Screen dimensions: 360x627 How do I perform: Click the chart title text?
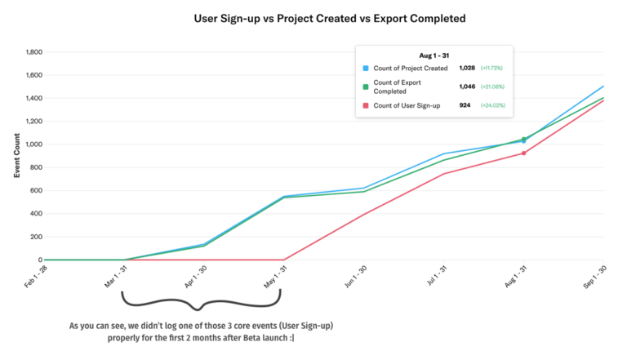[313, 17]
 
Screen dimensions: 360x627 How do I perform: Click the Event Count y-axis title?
[17, 156]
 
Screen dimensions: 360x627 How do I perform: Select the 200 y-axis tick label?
[35, 237]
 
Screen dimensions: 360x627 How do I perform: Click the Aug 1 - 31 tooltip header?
[434, 56]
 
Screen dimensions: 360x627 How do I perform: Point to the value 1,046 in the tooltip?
[468, 87]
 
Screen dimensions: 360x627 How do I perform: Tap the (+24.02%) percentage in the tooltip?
[491, 105]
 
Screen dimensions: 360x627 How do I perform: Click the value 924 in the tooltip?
[465, 105]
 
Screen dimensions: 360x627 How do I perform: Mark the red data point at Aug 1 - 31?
[524, 153]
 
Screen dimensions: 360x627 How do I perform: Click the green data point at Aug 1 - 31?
[523, 139]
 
